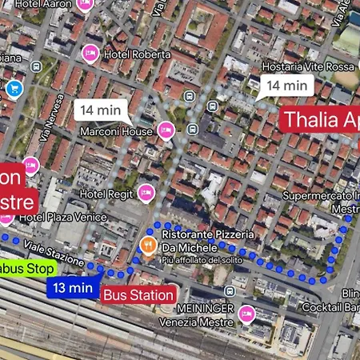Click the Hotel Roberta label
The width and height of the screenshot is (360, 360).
pyautogui.click(x=136, y=54)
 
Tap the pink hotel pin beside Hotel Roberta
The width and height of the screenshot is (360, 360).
pyautogui.click(x=90, y=54)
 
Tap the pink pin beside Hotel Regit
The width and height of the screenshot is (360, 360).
pyautogui.click(x=146, y=191)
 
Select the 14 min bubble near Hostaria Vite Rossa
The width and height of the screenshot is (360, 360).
pyautogui.click(x=286, y=85)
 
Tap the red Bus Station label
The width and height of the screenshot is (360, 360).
pyautogui.click(x=138, y=294)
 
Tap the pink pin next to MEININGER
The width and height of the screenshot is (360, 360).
pyautogui.click(x=247, y=312)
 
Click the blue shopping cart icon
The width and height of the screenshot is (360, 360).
pyautogui.click(x=14, y=89)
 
